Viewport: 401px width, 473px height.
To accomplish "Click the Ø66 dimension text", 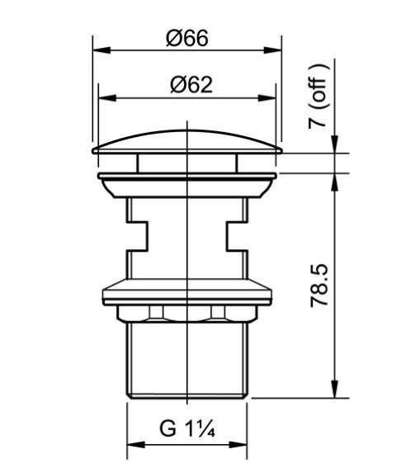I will pyautogui.click(x=186, y=38).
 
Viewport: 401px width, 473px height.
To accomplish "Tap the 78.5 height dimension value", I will pyautogui.click(x=322, y=285).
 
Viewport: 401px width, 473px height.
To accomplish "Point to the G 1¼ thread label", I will pyautogui.click(x=186, y=430).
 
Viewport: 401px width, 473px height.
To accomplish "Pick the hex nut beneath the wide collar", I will pyautogui.click(x=189, y=314).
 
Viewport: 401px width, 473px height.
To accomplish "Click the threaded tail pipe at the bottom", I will pyautogui.click(x=189, y=359).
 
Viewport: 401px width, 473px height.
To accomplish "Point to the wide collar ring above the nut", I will pyautogui.click(x=189, y=293).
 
